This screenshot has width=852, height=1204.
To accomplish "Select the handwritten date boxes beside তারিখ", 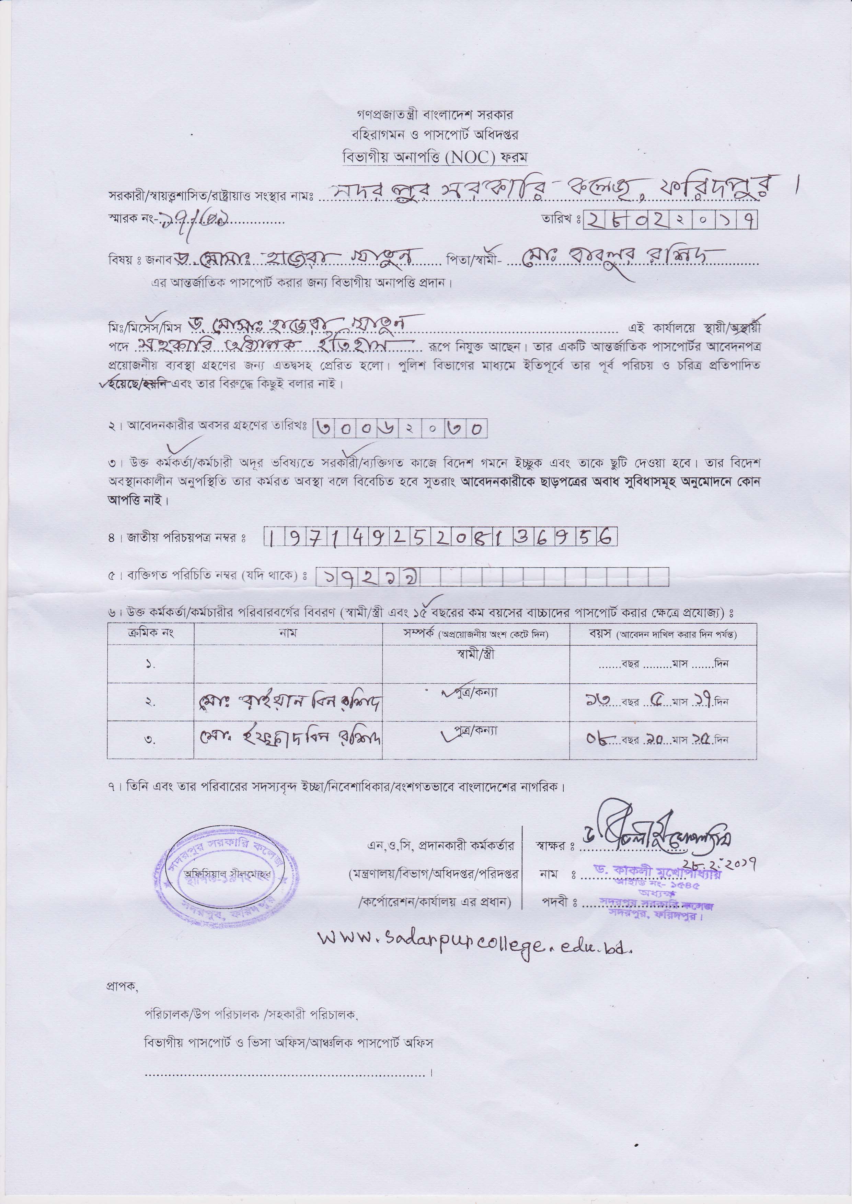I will (x=670, y=221).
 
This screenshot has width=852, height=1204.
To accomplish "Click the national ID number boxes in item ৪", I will (x=440, y=536).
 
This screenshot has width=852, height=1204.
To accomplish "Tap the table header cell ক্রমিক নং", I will (x=151, y=634).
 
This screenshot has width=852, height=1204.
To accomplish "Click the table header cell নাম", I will (x=288, y=634).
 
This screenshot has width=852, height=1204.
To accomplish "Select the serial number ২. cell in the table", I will (x=151, y=702).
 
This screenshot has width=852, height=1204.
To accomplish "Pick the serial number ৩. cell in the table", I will (x=151, y=739).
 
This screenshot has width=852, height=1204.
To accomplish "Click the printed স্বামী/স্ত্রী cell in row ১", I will (x=475, y=655).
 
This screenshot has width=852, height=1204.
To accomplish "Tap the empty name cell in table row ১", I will (x=288, y=663).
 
